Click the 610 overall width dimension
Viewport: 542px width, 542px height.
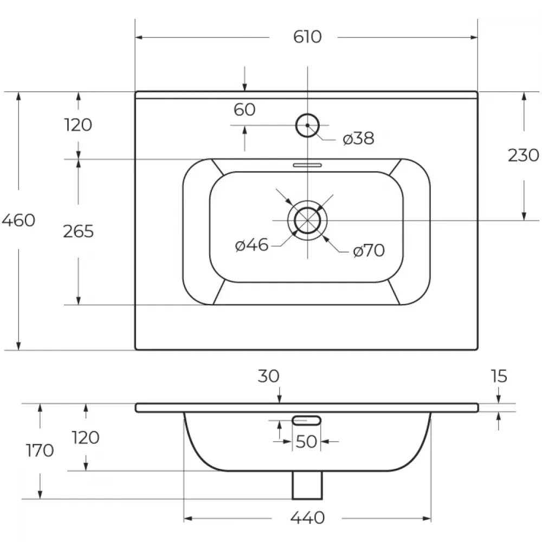[307, 37]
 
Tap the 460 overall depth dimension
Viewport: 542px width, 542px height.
[18, 220]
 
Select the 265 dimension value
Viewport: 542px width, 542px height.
[79, 231]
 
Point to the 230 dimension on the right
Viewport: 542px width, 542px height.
[524, 155]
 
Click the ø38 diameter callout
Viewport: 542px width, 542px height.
[358, 138]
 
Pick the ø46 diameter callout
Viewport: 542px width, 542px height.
[251, 245]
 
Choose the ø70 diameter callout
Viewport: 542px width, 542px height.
[369, 250]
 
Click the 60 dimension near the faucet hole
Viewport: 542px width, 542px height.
[244, 109]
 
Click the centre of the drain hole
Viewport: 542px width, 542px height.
[307, 221]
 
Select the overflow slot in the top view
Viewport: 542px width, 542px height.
[307, 165]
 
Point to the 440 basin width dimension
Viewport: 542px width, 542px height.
[307, 518]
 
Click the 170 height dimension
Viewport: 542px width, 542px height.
[40, 450]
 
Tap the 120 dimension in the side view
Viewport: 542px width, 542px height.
[86, 437]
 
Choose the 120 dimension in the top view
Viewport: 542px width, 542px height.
[79, 125]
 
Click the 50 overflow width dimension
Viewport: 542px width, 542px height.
[306, 441]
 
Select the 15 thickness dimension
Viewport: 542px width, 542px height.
[499, 376]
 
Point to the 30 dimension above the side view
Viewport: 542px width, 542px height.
[269, 376]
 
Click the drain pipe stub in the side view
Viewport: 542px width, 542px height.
[307, 485]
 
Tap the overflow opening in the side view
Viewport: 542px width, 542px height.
[307, 421]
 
